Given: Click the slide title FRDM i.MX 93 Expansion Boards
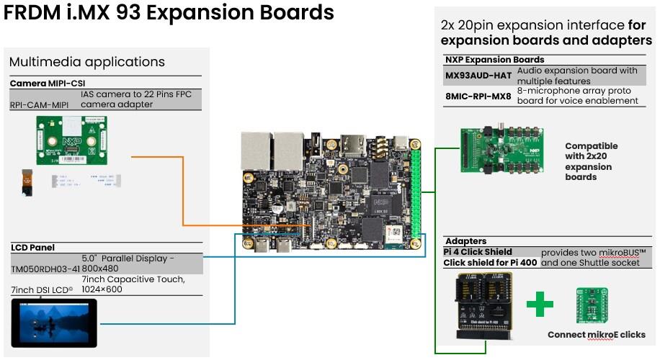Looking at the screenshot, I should click(169, 13).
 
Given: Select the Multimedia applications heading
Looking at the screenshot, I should click(87, 62).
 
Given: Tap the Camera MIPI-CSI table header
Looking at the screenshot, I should click(48, 84).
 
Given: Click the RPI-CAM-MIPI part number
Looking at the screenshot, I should click(43, 104).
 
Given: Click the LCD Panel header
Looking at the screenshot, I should click(32, 248).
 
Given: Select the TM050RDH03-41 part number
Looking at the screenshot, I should click(44, 269).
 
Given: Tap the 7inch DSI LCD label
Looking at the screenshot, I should click(43, 290).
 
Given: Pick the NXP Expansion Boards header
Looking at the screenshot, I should click(494, 60).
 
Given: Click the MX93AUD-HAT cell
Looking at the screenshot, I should click(478, 75).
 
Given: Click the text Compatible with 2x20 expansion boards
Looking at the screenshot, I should click(591, 161).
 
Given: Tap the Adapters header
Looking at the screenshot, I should click(466, 241).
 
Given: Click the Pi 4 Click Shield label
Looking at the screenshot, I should click(478, 252).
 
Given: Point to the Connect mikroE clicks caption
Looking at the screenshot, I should click(596, 335).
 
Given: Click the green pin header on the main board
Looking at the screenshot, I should click(416, 190).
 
